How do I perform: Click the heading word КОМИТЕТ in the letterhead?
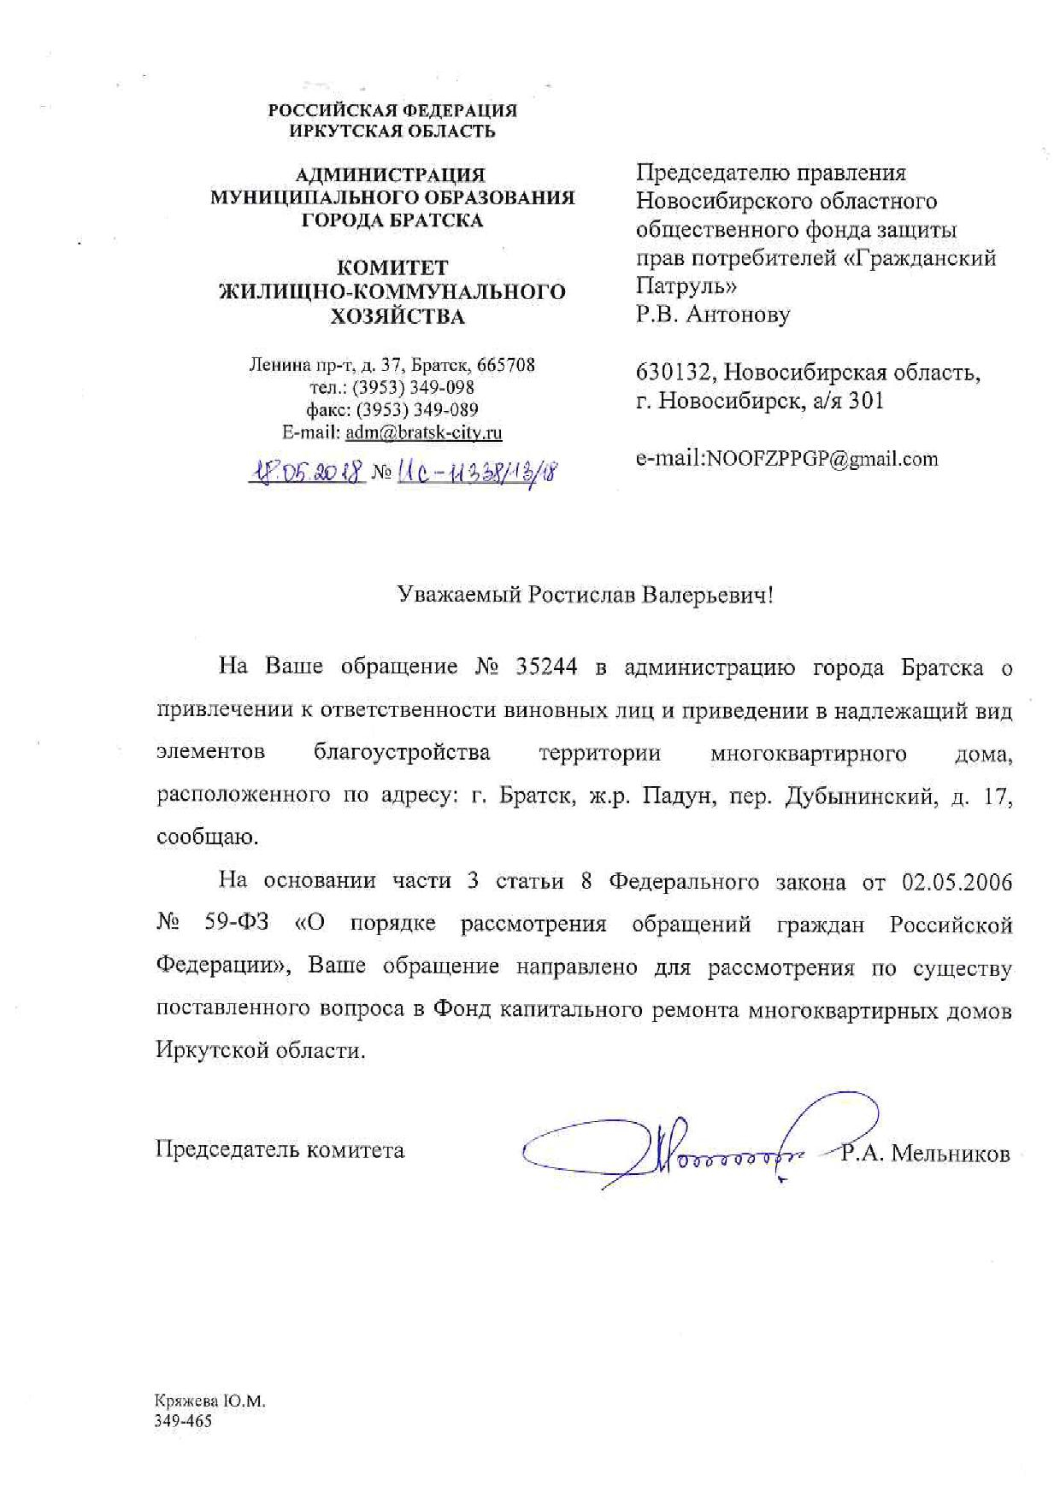click(x=392, y=267)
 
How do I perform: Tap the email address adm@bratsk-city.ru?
click(x=423, y=432)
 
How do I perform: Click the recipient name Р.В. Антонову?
click(x=713, y=314)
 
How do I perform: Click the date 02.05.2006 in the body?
click(x=957, y=881)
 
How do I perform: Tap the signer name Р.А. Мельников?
click(x=924, y=1154)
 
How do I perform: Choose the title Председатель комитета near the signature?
click(x=280, y=1150)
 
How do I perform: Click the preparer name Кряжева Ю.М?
click(x=210, y=1402)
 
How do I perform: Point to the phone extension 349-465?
click(x=183, y=1421)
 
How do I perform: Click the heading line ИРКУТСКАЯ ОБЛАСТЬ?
click(x=392, y=131)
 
